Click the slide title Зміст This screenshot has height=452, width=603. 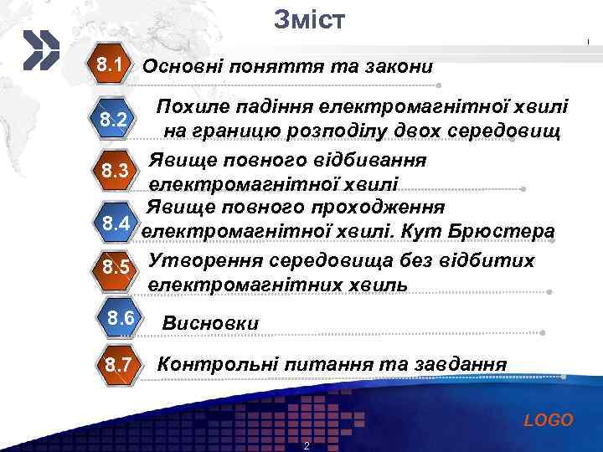308,19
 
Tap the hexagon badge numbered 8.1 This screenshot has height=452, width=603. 111,65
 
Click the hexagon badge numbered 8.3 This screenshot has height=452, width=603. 114,172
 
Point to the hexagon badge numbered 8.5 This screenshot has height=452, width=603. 115,269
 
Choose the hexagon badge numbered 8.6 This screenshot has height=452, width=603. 121,319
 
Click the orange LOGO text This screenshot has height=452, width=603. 549,420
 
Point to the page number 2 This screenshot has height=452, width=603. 307,444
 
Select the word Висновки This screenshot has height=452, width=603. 210,323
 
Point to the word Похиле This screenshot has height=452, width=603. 190,107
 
